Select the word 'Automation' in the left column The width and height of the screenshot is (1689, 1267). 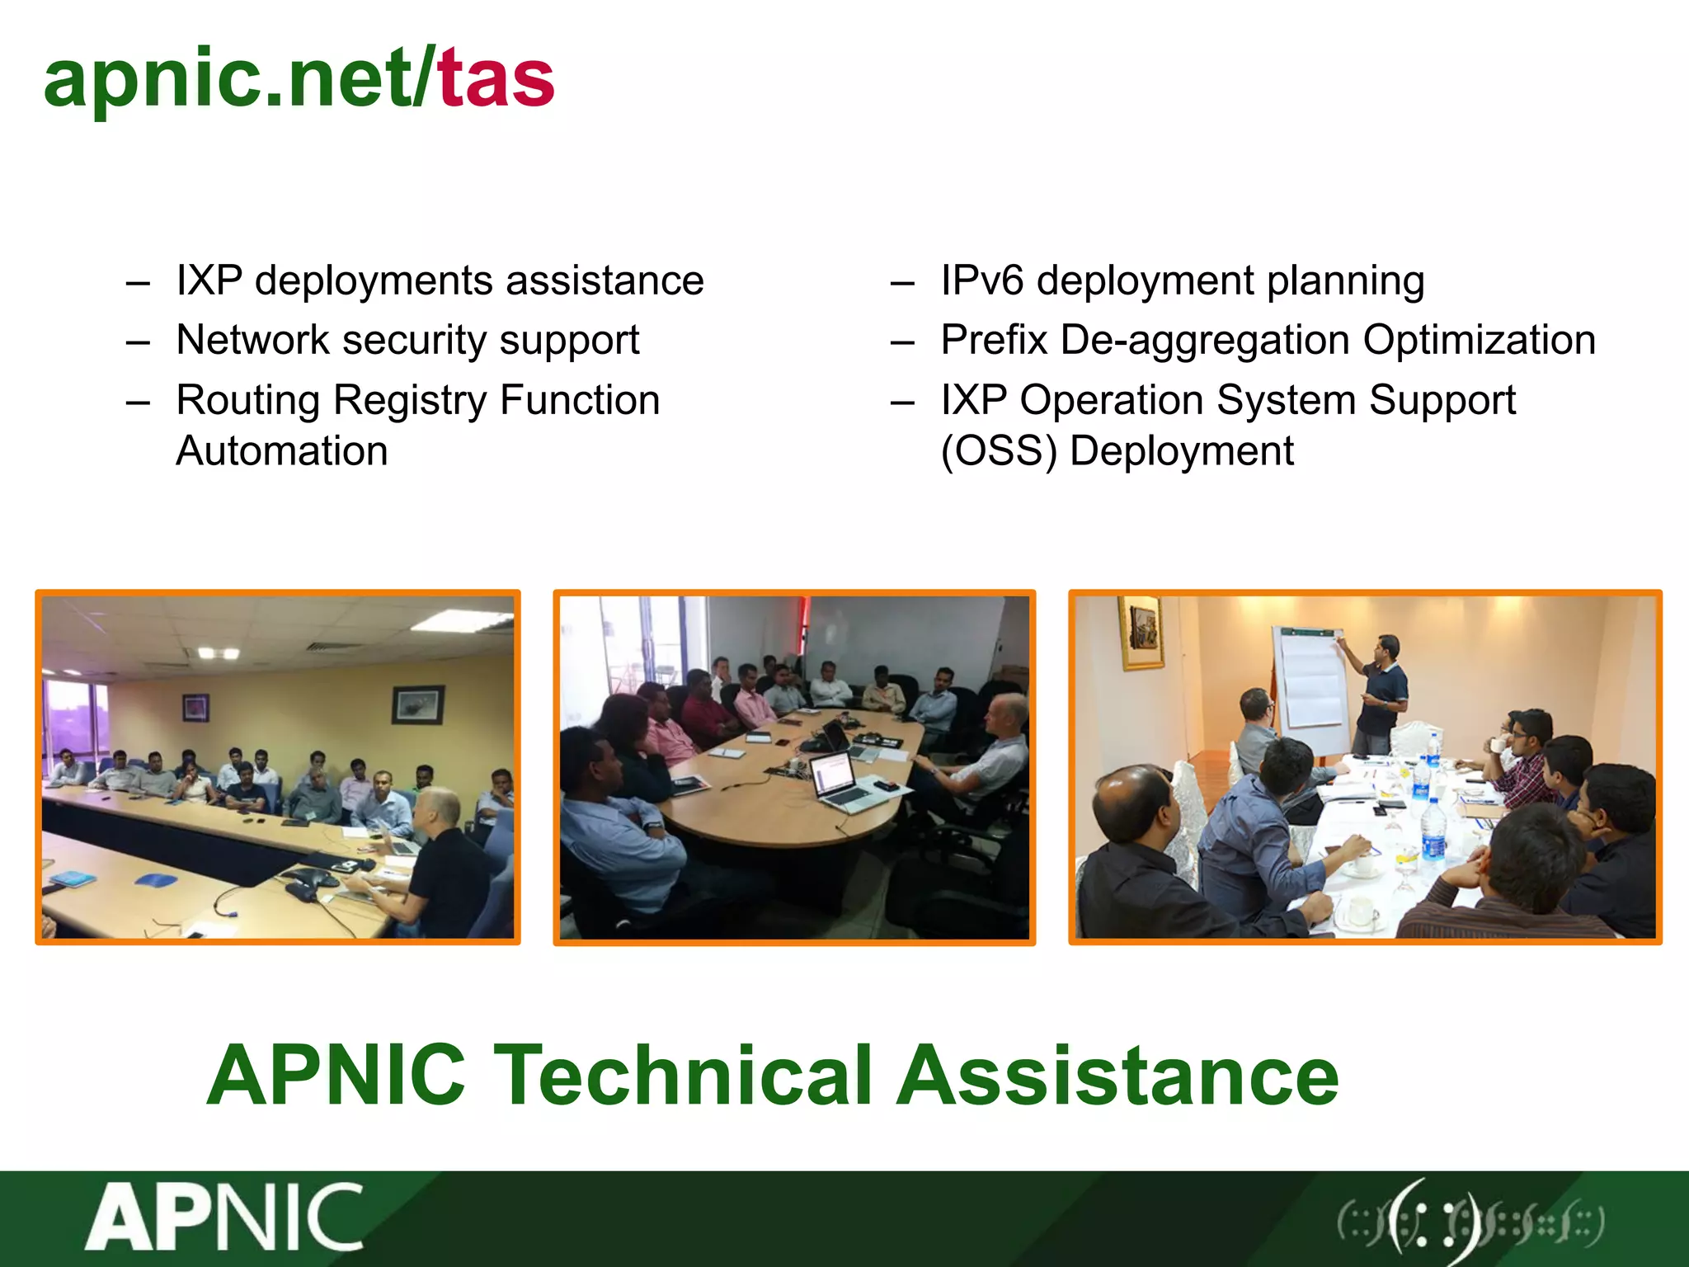282,451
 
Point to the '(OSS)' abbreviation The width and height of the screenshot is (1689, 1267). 999,451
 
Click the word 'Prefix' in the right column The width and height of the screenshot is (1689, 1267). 994,340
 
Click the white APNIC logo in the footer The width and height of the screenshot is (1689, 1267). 224,1217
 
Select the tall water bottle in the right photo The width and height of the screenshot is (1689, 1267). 1433,833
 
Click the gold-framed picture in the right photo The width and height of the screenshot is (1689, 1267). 1141,632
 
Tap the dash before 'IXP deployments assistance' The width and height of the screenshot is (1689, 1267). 138,284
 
